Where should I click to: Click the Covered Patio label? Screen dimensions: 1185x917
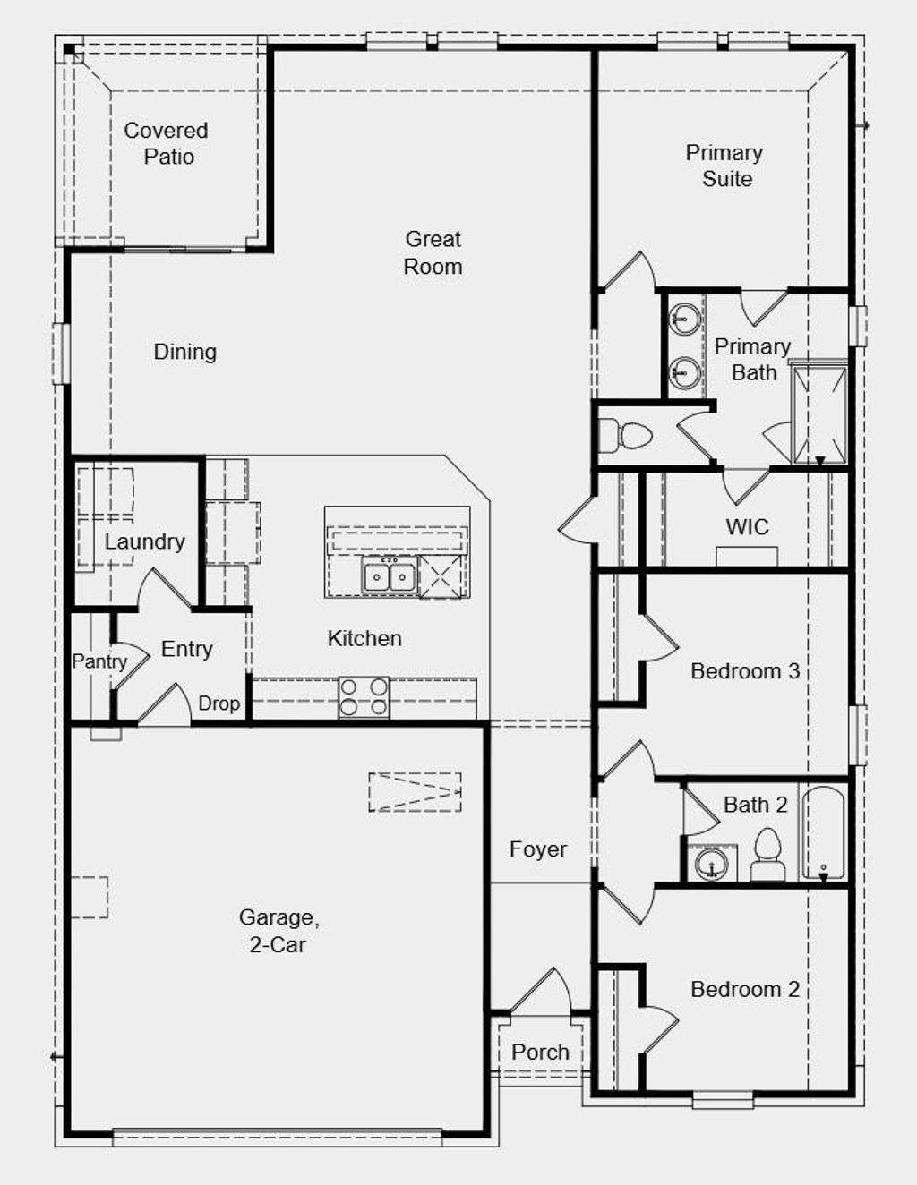click(x=167, y=143)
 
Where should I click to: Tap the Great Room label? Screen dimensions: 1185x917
click(x=433, y=252)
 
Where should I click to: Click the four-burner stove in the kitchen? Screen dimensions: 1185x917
click(x=364, y=697)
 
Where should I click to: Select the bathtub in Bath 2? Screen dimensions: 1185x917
click(x=823, y=833)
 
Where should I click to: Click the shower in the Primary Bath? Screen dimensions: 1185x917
click(x=819, y=413)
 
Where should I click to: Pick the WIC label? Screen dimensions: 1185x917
click(x=747, y=527)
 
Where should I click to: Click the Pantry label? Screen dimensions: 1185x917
click(x=99, y=661)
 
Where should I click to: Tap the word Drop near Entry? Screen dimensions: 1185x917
click(x=219, y=703)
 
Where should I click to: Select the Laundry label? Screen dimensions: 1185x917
click(x=144, y=541)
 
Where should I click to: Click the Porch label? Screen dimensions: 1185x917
click(x=540, y=1053)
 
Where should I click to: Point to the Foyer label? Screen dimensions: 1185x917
click(x=537, y=849)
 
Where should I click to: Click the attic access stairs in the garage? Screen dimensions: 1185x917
click(x=416, y=792)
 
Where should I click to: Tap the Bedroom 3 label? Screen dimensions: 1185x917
click(x=744, y=671)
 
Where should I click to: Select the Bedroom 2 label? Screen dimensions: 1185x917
click(x=744, y=989)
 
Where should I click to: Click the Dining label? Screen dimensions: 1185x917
click(x=184, y=352)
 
